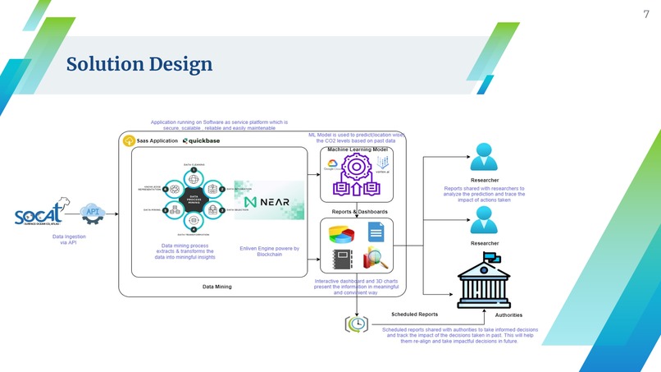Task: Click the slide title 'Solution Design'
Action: [x=139, y=64]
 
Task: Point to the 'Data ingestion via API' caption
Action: [x=69, y=240]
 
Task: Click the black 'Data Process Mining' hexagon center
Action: [x=194, y=198]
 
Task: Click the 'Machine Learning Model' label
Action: [x=358, y=150]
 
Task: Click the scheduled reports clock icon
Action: [x=358, y=324]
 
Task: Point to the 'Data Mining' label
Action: [x=217, y=287]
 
